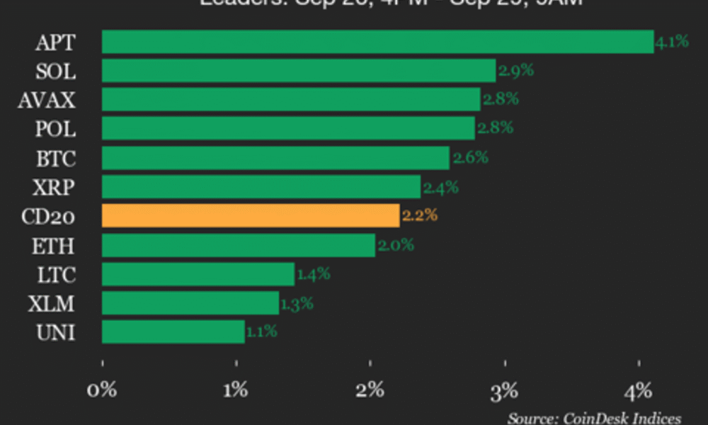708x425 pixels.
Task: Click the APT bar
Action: pyautogui.click(x=377, y=42)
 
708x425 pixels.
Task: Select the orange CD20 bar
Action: pyautogui.click(x=251, y=215)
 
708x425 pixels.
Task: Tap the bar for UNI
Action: pyautogui.click(x=173, y=331)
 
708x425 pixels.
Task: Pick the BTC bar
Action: pyautogui.click(x=275, y=158)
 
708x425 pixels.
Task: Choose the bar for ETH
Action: pyautogui.click(x=239, y=246)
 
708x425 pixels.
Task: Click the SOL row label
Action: pyautogui.click(x=56, y=72)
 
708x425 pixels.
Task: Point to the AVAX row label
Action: pyautogui.click(x=47, y=101)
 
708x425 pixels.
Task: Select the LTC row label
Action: pyautogui.click(x=56, y=275)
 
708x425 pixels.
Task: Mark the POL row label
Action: pyautogui.click(x=55, y=130)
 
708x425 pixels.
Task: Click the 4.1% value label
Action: pyautogui.click(x=672, y=41)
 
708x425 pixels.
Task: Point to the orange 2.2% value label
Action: pyautogui.click(x=420, y=215)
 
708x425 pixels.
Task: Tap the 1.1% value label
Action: pyautogui.click(x=261, y=331)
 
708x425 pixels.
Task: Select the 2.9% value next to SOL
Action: pyautogui.click(x=515, y=71)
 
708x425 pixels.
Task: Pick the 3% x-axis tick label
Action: pyautogui.click(x=504, y=390)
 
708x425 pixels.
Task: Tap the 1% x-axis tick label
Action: pyautogui.click(x=236, y=390)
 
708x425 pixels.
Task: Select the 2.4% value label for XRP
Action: pyautogui.click(x=440, y=187)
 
